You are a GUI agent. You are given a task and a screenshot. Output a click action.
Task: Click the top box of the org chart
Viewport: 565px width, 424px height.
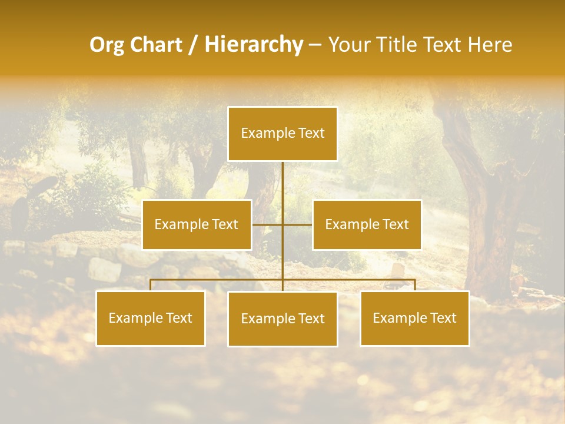[282, 134]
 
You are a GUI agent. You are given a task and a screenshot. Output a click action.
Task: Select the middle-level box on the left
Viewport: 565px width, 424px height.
[197, 224]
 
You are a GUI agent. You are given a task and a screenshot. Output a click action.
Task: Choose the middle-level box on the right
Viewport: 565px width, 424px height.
[367, 224]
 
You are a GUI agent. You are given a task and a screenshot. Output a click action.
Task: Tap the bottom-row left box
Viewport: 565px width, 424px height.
[151, 318]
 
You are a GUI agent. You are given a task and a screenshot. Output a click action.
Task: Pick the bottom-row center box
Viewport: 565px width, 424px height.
[282, 319]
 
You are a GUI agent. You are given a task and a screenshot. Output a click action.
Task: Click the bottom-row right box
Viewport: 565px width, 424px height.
[414, 318]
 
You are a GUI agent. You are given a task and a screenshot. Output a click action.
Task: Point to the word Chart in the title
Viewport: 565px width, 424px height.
[155, 45]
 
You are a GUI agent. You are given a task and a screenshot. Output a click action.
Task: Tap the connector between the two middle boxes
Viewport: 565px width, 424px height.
[282, 224]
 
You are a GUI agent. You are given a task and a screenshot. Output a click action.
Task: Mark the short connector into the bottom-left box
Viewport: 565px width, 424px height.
[151, 285]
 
